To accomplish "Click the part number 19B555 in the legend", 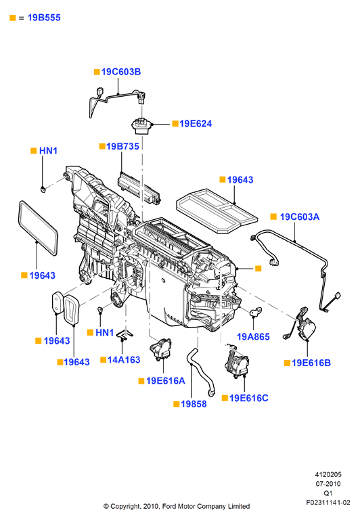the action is click(x=44, y=18).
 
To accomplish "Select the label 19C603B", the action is click(x=121, y=72).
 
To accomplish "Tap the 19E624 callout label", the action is click(x=196, y=124).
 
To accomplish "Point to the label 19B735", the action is click(x=122, y=146).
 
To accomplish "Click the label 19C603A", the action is click(x=300, y=217).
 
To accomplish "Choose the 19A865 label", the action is click(x=253, y=336).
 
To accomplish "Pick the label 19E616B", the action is click(x=311, y=363).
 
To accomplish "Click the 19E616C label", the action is click(x=248, y=398).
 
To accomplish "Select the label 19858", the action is click(x=194, y=404).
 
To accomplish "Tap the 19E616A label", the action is click(x=166, y=381).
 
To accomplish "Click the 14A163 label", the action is click(x=124, y=359).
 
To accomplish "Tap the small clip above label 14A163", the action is click(x=125, y=336).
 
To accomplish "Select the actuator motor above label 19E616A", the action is click(x=160, y=349).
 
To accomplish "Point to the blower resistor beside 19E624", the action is click(x=141, y=127).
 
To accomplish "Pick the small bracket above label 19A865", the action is click(x=256, y=312).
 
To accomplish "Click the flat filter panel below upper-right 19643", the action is click(x=217, y=210).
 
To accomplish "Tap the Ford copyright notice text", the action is click(x=177, y=506).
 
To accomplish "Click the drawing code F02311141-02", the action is click(x=328, y=502).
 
